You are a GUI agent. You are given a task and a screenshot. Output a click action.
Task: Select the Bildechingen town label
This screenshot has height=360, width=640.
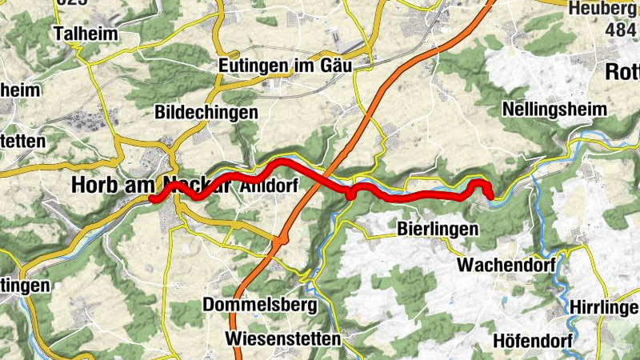click(206, 112)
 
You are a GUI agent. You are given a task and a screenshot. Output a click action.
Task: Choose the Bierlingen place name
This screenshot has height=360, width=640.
click(438, 229)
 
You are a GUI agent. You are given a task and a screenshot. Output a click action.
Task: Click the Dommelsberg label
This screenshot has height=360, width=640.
click(260, 305)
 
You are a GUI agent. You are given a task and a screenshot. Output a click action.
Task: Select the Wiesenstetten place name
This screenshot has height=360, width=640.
click(283, 338)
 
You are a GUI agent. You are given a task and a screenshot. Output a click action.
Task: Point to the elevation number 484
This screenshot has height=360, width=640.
click(622, 29)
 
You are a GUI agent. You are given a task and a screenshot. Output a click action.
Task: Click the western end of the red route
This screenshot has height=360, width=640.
click(151, 200)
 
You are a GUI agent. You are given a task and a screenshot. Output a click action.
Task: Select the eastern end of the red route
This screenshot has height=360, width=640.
click(490, 194)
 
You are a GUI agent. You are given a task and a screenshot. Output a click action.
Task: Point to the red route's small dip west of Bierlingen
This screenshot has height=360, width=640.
click(350, 194)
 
